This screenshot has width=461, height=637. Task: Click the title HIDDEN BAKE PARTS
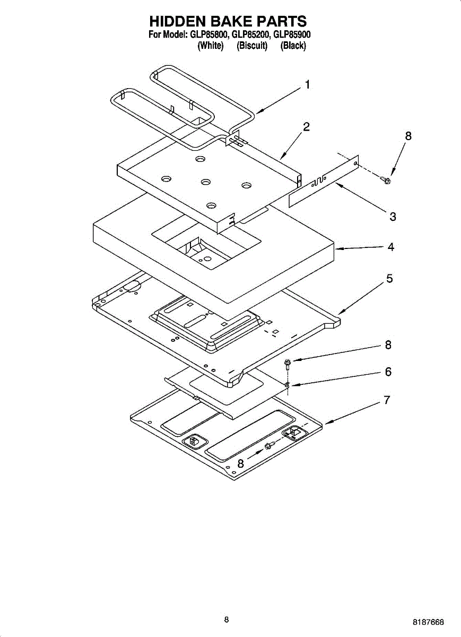228,21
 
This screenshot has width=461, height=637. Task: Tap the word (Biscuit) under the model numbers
252,46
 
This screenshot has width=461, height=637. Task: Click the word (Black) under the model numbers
293,46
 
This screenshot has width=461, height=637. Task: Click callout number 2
306,127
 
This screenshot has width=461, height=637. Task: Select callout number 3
393,216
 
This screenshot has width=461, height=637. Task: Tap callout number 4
390,247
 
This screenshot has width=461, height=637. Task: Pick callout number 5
389,278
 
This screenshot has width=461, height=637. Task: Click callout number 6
388,372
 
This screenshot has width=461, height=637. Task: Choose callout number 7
388,400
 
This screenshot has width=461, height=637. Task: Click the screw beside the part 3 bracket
387,180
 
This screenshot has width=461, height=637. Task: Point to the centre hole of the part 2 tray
206,183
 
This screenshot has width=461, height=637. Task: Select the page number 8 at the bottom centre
227,619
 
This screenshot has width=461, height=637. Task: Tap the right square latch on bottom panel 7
293,433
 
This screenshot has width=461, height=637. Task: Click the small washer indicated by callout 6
287,385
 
